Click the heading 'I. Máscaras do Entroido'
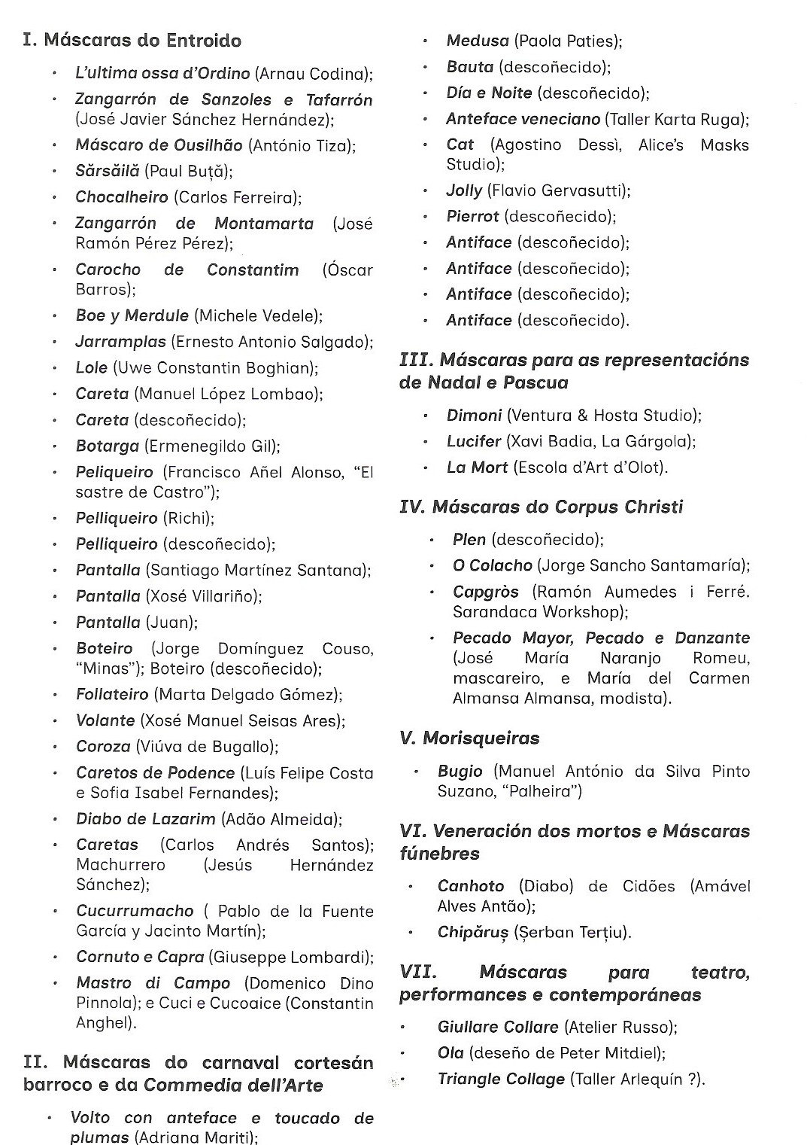tap(132, 41)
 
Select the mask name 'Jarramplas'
tap(120, 342)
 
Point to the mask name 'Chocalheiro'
tap(122, 197)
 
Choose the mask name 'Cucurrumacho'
tap(135, 912)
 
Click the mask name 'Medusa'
tap(478, 41)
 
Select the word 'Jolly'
tap(464, 190)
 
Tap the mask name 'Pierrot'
tap(472, 217)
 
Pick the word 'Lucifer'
tap(474, 441)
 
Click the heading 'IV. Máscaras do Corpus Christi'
tap(541, 507)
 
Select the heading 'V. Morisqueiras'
tap(469, 738)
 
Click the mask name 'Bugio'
tap(460, 772)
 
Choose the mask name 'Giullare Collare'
tap(498, 1028)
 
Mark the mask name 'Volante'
tap(105, 720)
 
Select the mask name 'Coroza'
tap(103, 747)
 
